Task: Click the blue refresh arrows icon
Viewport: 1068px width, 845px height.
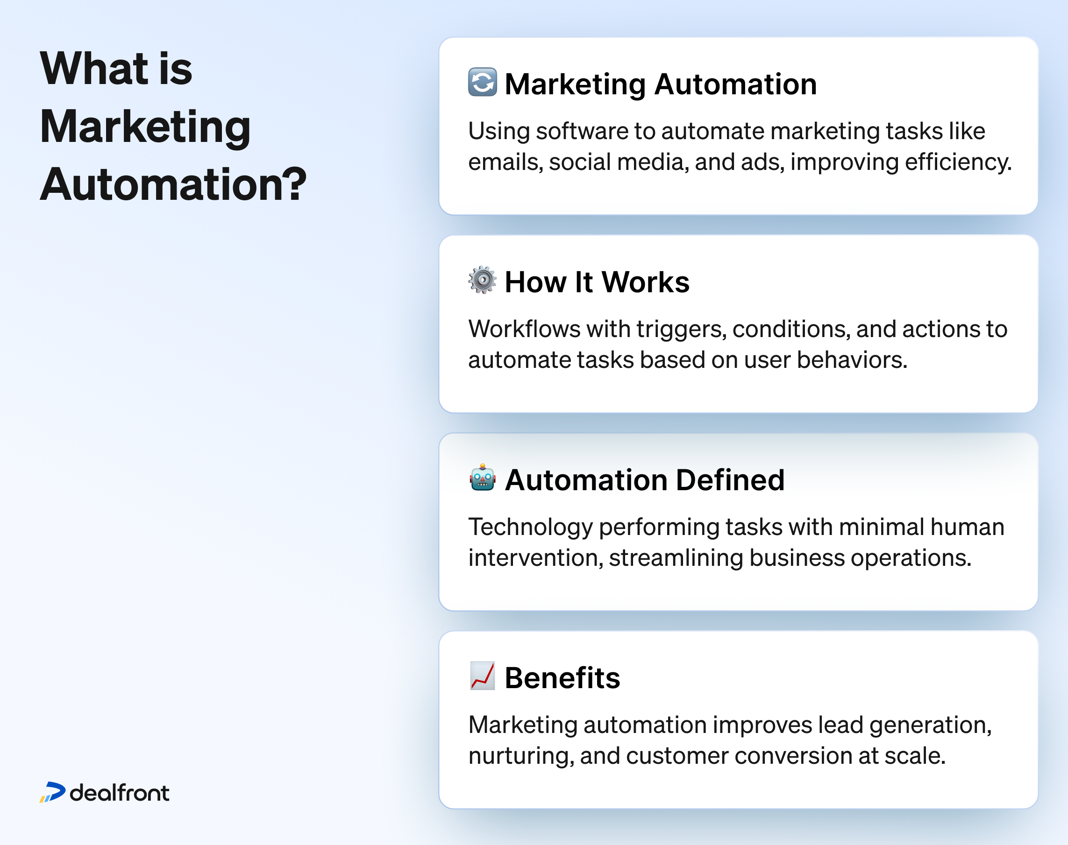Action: (482, 82)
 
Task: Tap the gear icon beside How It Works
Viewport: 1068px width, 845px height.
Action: (482, 280)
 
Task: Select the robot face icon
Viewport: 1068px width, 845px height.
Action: (482, 478)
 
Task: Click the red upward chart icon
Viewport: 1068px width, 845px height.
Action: (482, 676)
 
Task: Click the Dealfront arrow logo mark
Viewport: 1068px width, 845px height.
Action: (52, 792)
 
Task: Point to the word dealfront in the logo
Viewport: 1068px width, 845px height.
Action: (119, 793)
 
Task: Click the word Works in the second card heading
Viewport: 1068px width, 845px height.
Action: (646, 282)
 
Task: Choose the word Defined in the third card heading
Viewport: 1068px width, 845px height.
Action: (730, 480)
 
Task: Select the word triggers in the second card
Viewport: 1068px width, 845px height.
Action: (681, 330)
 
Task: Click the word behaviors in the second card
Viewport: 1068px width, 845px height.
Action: (852, 359)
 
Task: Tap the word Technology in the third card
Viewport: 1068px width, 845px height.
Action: (530, 528)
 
